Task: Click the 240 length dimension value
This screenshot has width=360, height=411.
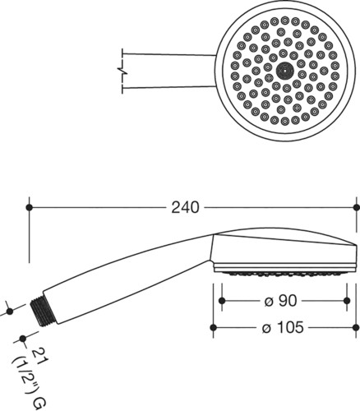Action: tap(185, 207)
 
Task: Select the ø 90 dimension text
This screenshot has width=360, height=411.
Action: tap(280, 301)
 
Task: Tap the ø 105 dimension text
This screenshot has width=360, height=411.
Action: tap(283, 327)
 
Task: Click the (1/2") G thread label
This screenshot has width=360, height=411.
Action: tap(30, 381)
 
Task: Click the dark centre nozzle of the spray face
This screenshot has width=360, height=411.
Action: tap(284, 70)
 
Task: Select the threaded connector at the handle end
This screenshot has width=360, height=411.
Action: tap(43, 311)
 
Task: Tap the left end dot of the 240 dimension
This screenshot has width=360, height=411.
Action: tap(29, 207)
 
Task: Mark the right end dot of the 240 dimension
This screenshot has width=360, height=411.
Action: tap(357, 207)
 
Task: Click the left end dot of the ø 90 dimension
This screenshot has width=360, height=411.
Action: tap(222, 301)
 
